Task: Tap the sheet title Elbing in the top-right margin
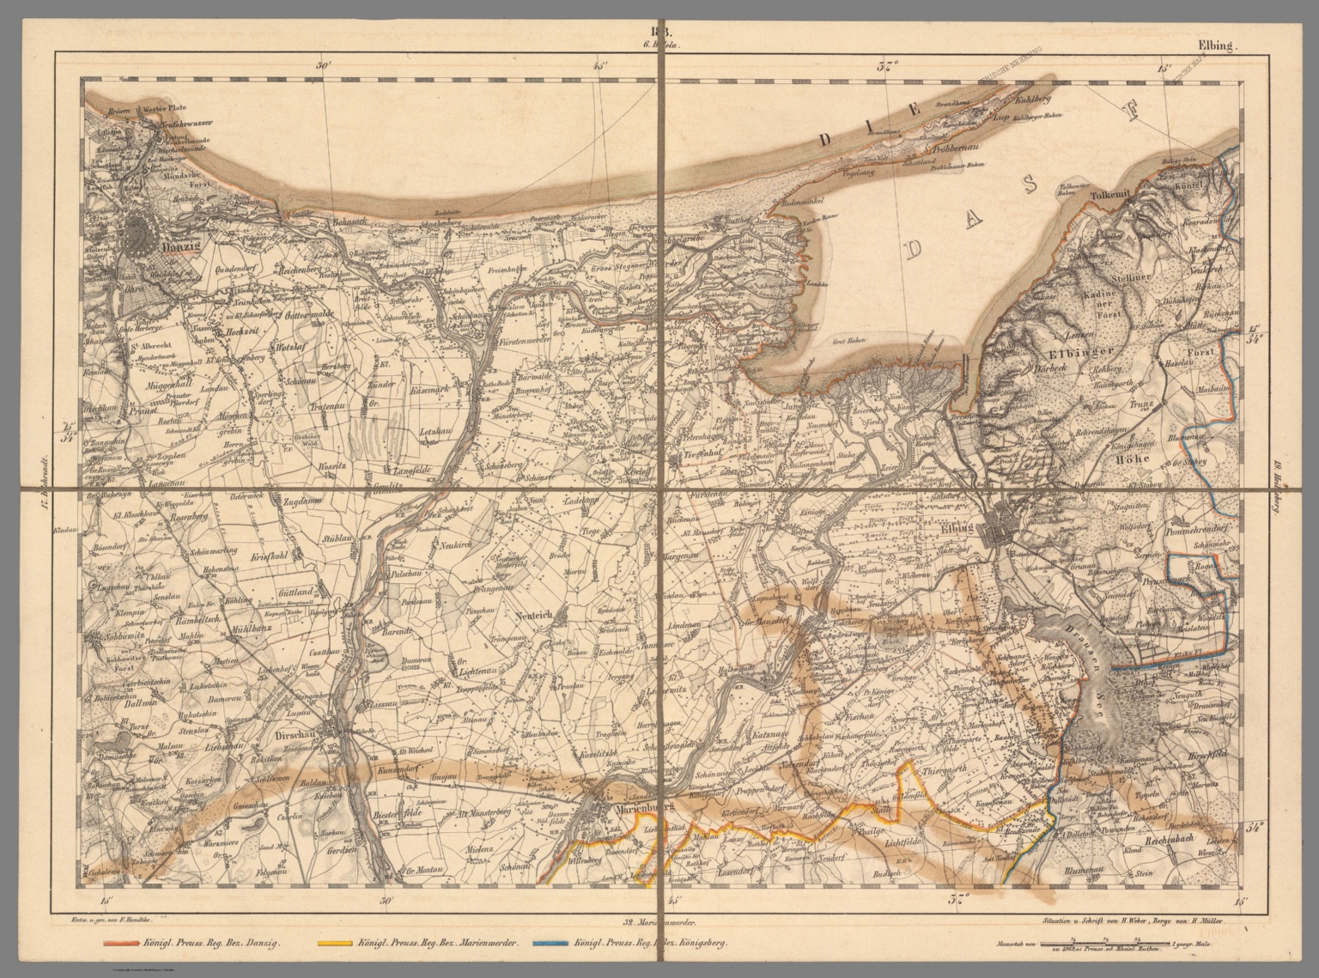tap(1215, 49)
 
